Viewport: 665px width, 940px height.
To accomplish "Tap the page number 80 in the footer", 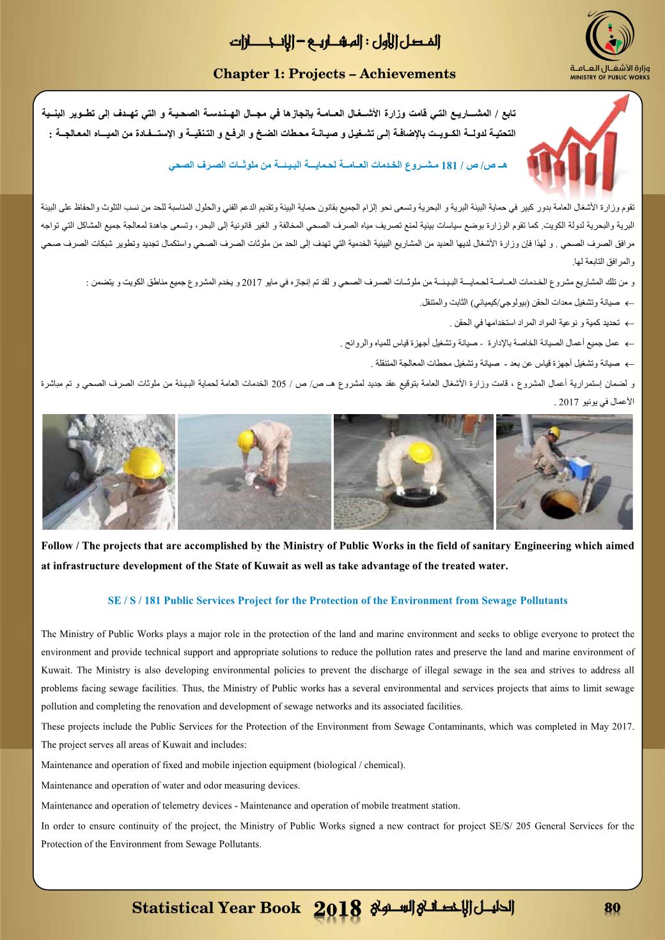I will click(613, 909).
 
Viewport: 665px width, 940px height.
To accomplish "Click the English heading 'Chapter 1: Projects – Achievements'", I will click(334, 74).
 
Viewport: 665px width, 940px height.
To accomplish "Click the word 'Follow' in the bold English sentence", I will click(56, 546).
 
